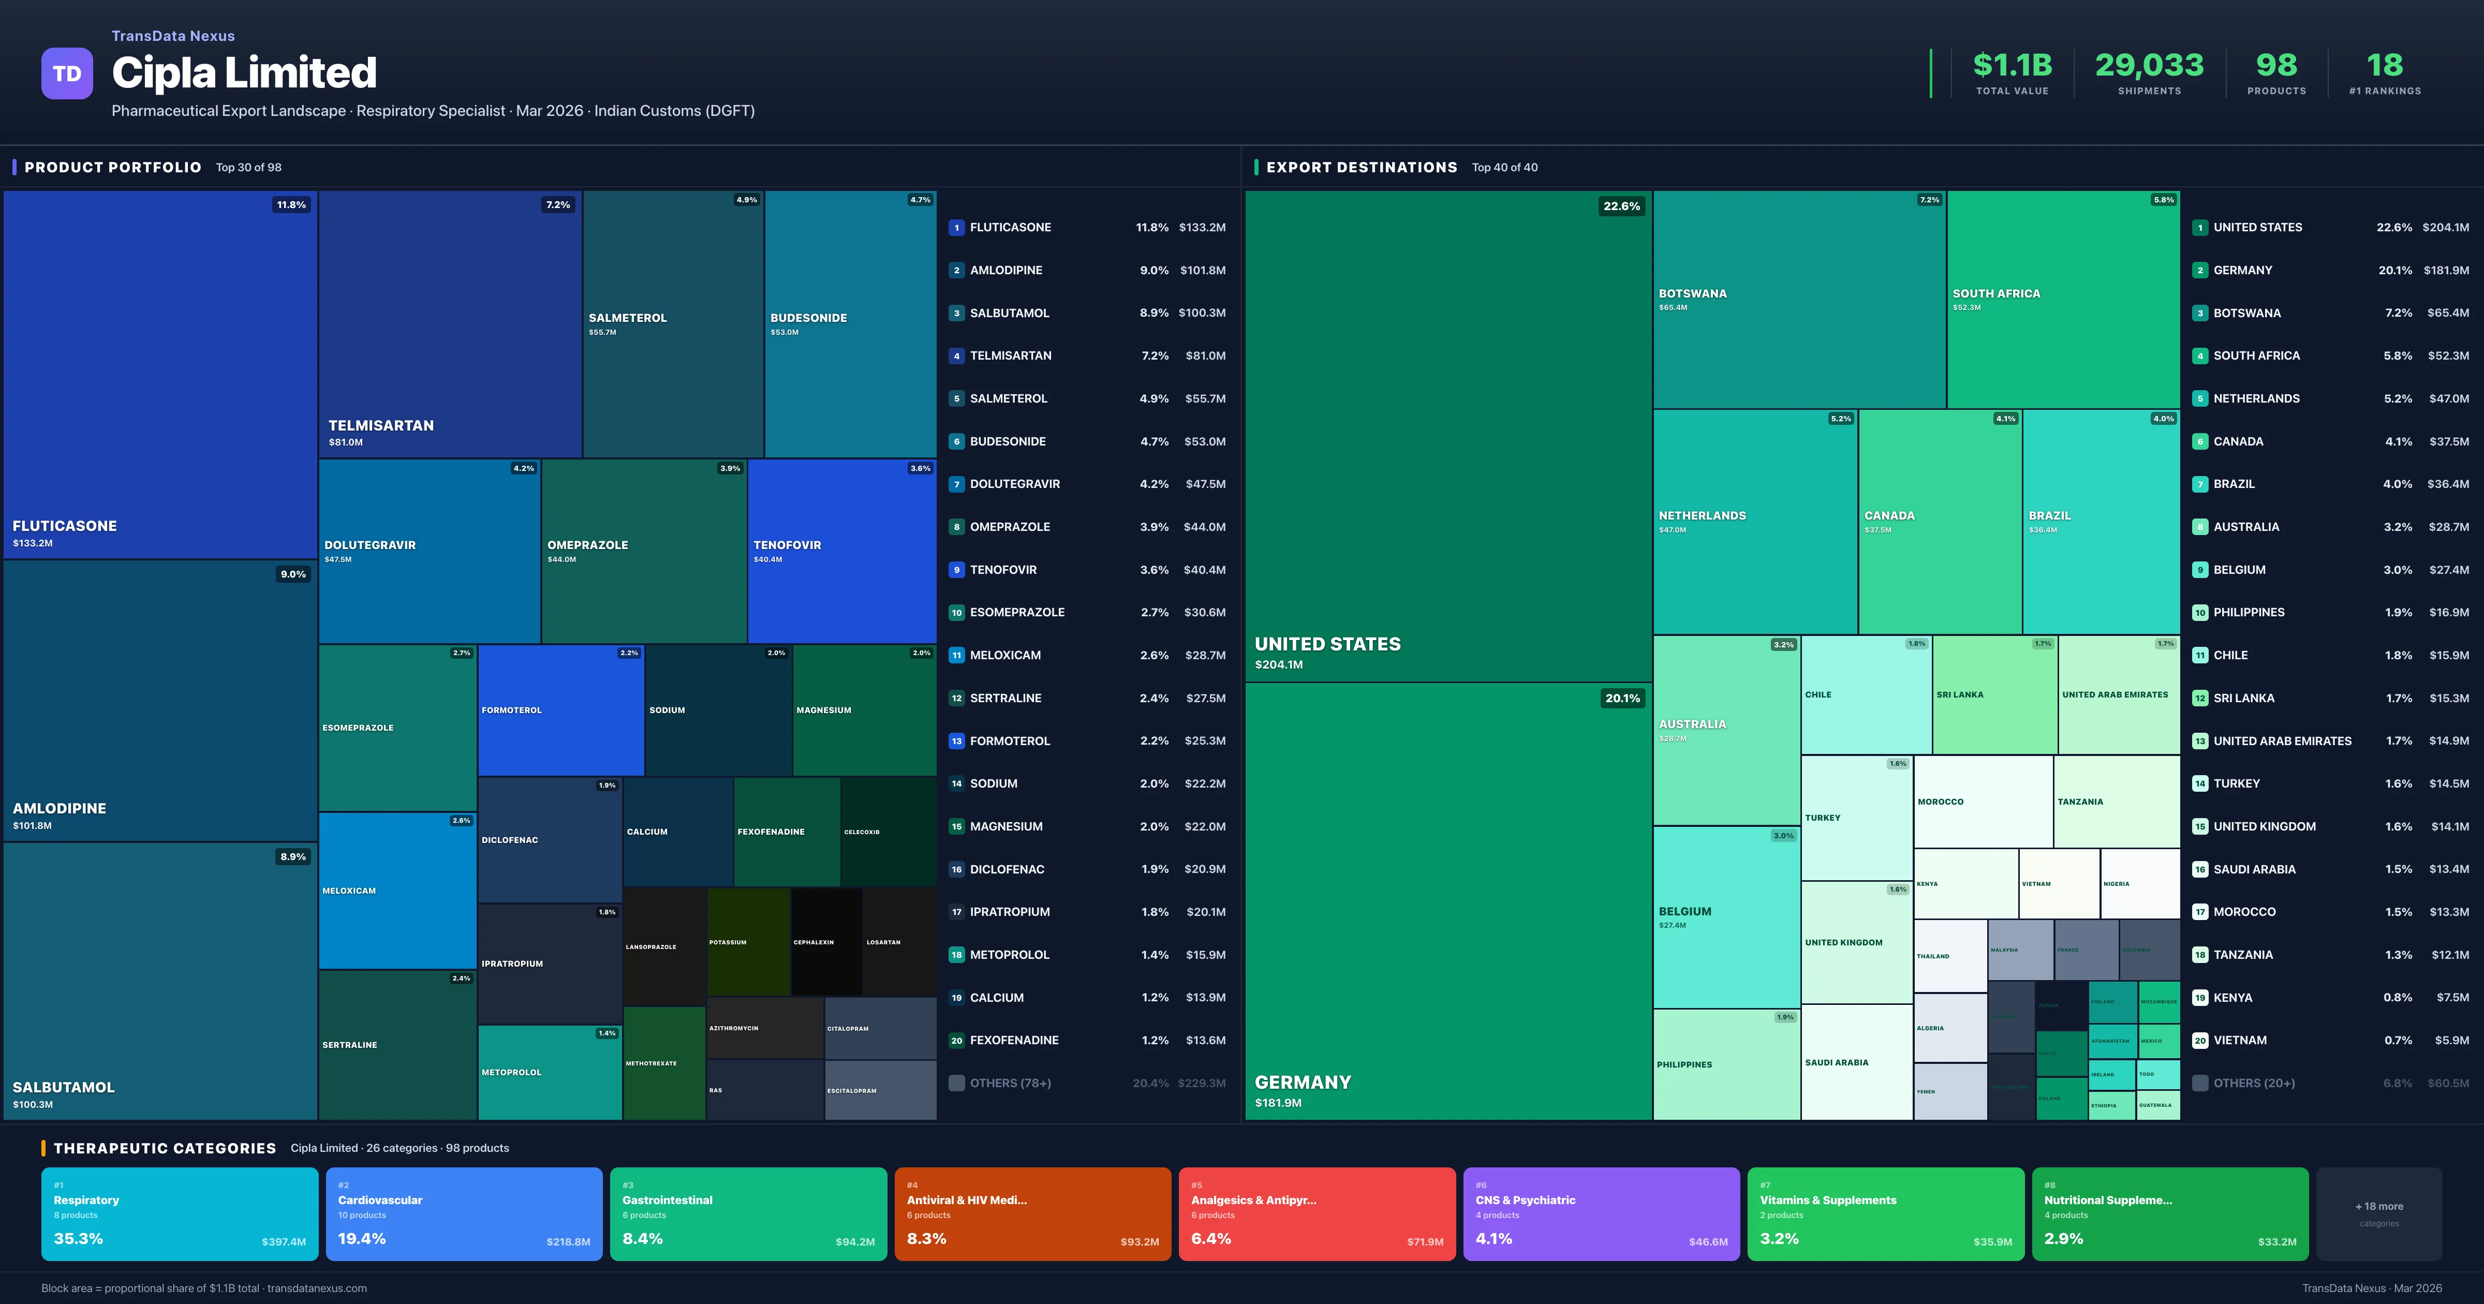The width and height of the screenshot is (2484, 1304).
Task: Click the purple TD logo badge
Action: (67, 73)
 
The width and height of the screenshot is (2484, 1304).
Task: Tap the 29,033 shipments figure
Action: (2149, 66)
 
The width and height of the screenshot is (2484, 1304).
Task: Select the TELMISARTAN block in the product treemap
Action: (449, 323)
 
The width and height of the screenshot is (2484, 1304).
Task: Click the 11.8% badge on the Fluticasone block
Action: (291, 204)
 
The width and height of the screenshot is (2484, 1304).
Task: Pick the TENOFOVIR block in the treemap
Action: (841, 550)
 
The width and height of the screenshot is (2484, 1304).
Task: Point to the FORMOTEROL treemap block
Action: (560, 710)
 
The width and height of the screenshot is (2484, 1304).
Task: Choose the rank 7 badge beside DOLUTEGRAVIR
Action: (956, 484)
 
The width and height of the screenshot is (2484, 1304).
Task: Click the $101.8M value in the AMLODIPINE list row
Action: (1203, 270)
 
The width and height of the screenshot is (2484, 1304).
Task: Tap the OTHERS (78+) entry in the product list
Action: (1010, 1083)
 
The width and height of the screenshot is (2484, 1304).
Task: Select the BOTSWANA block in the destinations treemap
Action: (1798, 299)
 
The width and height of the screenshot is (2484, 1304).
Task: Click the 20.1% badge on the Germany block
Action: (1622, 698)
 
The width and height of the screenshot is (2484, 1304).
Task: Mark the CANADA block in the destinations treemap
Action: (1939, 521)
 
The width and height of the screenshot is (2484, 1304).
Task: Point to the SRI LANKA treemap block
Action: (1994, 694)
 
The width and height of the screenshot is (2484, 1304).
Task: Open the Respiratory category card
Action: (180, 1213)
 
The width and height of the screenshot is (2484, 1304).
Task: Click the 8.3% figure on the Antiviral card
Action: (927, 1238)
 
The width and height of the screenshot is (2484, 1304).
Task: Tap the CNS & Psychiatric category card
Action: (1601, 1213)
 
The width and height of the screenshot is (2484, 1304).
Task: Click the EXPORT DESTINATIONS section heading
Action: (1361, 167)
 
